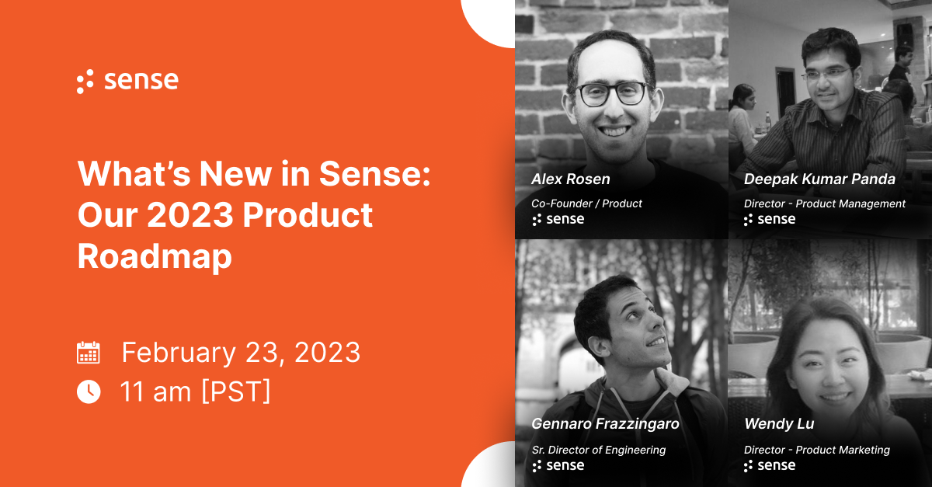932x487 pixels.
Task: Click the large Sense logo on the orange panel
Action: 127,81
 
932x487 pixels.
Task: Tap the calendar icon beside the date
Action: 89,353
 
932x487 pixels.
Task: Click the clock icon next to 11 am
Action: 89,391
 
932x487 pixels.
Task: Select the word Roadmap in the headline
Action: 155,257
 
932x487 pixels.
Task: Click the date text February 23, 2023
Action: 241,353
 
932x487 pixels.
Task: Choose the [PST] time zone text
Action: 236,391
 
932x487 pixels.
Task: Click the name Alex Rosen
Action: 571,179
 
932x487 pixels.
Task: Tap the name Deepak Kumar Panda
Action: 819,179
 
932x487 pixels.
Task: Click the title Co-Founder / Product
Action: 586,203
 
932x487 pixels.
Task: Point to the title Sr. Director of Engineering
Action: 598,450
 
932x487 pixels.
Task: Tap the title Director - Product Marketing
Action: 816,450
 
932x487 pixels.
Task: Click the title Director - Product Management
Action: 824,203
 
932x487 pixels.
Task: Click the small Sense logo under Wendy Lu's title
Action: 769,466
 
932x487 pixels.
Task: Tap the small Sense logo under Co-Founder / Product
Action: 558,220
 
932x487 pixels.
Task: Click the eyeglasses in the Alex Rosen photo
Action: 611,94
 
